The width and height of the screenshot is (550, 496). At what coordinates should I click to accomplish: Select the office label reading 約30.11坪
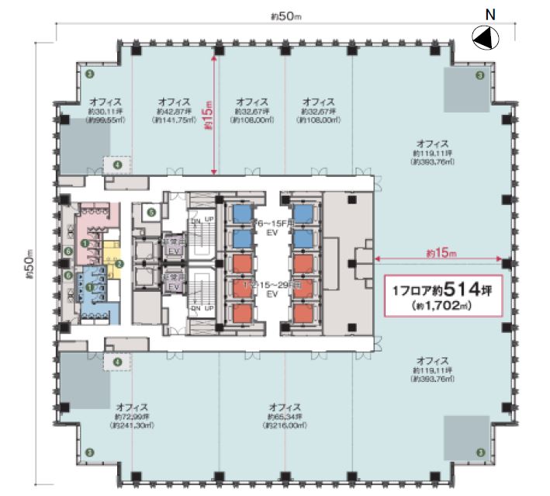pyautogui.click(x=104, y=111)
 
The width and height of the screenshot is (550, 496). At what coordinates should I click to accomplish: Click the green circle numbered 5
pyautogui.click(x=152, y=211)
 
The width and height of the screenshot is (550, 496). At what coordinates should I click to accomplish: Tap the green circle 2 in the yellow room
pyautogui.click(x=119, y=264)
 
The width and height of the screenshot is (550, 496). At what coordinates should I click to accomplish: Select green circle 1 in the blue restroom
pyautogui.click(x=90, y=288)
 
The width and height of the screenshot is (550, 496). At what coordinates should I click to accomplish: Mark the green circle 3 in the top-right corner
pyautogui.click(x=480, y=76)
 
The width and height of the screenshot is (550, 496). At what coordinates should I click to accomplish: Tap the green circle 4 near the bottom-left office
pyautogui.click(x=118, y=361)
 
